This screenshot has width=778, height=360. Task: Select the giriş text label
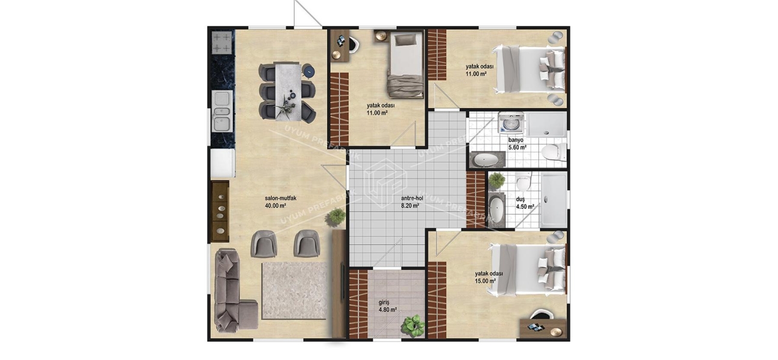[385, 302]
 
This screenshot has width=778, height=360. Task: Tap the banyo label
[516, 140]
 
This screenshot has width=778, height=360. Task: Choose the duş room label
[520, 200]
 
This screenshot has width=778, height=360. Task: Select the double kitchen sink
[222, 111]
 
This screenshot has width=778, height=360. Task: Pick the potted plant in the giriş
[413, 325]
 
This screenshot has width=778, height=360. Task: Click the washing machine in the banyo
[511, 124]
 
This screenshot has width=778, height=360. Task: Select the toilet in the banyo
[552, 151]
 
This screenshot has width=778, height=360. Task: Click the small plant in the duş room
[496, 179]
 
